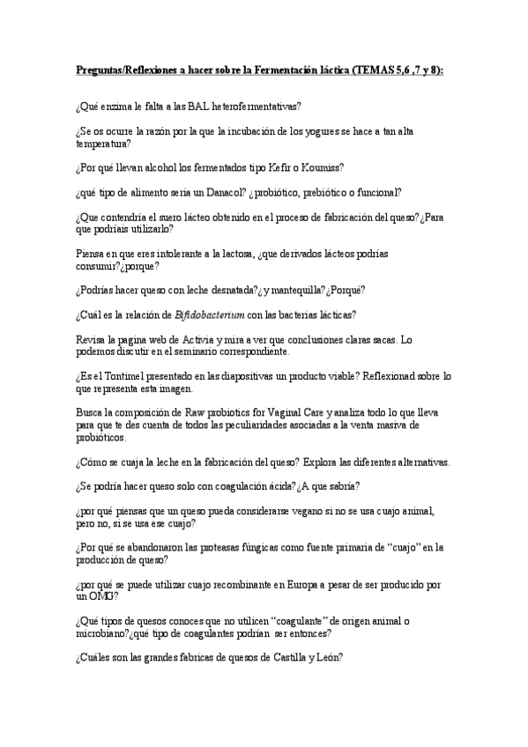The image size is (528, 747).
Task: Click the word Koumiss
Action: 323,167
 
